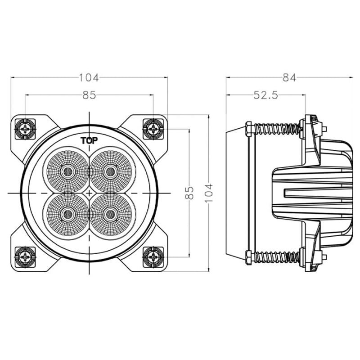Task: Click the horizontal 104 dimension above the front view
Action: coord(89,77)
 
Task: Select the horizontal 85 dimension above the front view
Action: coord(89,95)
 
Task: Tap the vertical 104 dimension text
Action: coord(209,193)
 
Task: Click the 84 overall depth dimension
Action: coord(289,77)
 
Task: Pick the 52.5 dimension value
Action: coord(266,95)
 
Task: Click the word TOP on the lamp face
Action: coord(89,140)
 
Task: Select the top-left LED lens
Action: coord(67,171)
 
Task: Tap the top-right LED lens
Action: coord(111,171)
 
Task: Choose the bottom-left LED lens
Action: coord(67,214)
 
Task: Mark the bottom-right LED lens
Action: coord(111,214)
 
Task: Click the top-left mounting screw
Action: coord(25,129)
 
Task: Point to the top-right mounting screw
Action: coord(153,129)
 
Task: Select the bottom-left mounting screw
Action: coord(25,257)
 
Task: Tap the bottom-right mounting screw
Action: coord(153,257)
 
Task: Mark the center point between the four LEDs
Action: coord(89,193)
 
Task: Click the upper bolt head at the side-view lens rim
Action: coord(249,129)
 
